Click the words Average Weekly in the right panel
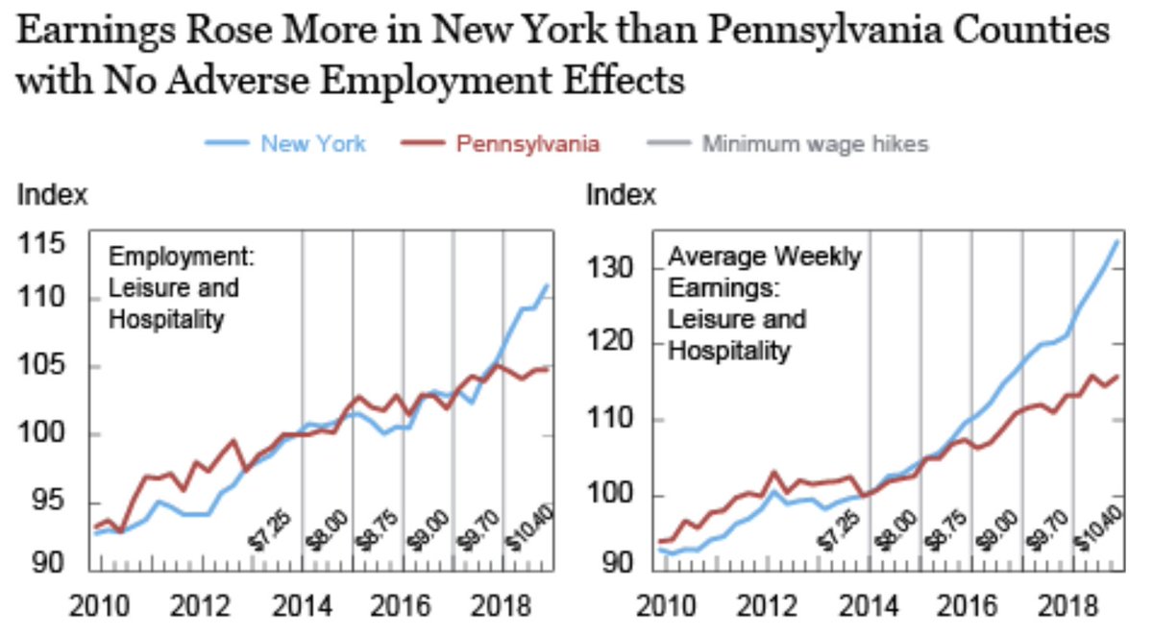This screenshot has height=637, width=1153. point(765,257)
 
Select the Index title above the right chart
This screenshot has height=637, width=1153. point(621,195)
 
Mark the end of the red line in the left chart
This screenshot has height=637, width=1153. point(548,368)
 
